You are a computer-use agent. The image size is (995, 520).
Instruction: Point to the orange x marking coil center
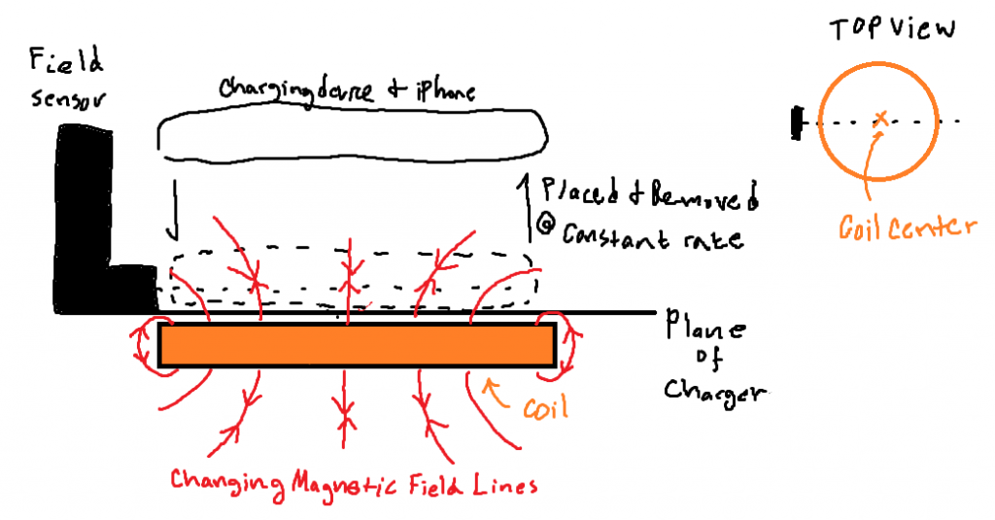pos(881,119)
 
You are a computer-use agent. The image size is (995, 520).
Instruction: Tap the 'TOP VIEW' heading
pos(892,28)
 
